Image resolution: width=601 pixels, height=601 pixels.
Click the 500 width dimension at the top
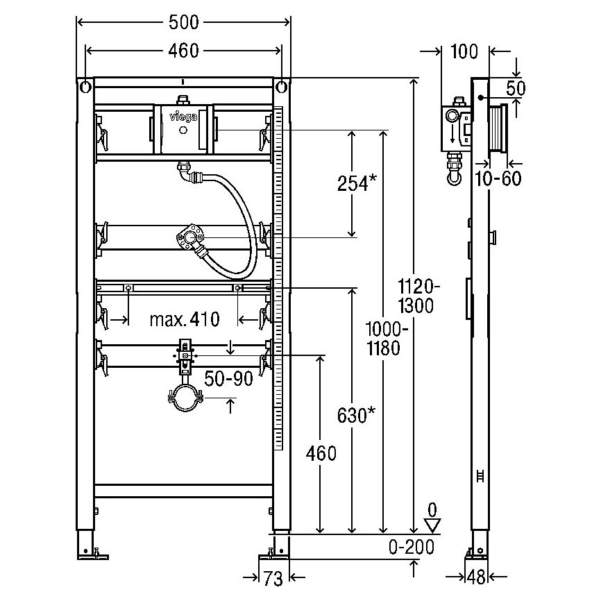pyautogui.click(x=184, y=23)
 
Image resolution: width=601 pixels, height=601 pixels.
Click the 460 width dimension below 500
pyautogui.click(x=184, y=50)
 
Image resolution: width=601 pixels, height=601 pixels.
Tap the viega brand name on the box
pyautogui.click(x=183, y=117)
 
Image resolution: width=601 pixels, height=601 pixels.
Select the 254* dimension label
pyautogui.click(x=357, y=183)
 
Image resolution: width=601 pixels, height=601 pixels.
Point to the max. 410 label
pyautogui.click(x=185, y=319)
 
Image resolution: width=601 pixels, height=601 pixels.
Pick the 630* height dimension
pyautogui.click(x=357, y=414)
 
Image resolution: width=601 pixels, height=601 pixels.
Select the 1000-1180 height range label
pyautogui.click(x=382, y=338)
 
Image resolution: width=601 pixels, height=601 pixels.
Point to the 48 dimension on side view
pyautogui.click(x=475, y=577)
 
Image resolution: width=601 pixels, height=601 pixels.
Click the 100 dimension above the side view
pyautogui.click(x=465, y=51)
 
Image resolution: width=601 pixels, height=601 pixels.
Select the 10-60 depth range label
pyautogui.click(x=498, y=178)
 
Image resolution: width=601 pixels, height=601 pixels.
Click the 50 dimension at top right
pyautogui.click(x=516, y=87)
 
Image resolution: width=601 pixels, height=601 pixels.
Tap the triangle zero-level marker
pyautogui.click(x=433, y=527)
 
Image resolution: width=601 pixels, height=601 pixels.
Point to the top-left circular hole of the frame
pyautogui.click(x=85, y=87)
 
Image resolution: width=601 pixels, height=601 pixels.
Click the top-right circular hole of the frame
pyautogui.click(x=280, y=87)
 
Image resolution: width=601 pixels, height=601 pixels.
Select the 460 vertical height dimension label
pyautogui.click(x=322, y=454)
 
